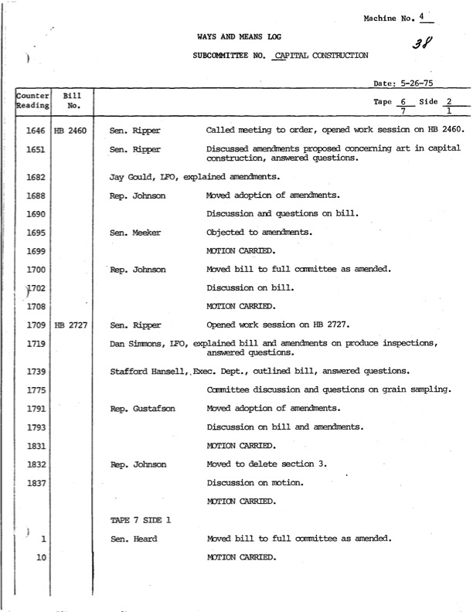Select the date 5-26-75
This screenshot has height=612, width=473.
416,83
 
